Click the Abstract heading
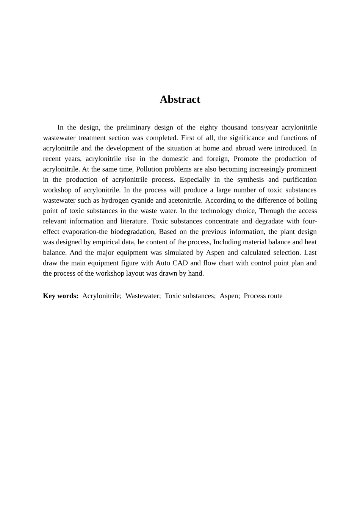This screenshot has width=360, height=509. pos(180,99)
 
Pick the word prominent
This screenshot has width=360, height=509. pos(300,169)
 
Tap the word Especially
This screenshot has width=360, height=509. pos(194,180)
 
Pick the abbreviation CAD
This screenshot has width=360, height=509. pos(180,263)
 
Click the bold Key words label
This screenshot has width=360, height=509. pos(61,296)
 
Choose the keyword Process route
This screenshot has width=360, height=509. pos(263,296)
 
